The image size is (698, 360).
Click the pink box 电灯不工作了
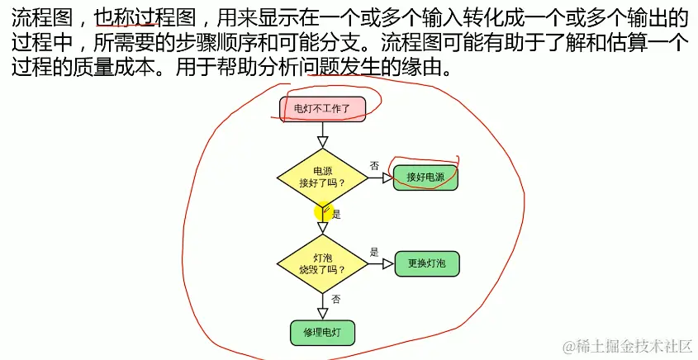click(x=323, y=108)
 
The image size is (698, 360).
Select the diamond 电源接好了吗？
click(x=323, y=176)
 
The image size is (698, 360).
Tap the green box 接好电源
click(x=425, y=177)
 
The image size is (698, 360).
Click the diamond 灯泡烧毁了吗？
click(x=323, y=263)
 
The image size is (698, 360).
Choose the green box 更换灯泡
click(x=426, y=263)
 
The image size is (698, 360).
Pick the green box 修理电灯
click(x=323, y=332)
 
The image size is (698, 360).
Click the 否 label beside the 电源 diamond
click(x=374, y=167)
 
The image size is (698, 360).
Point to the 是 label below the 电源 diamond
click(x=335, y=213)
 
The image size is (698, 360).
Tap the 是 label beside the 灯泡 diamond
click(x=374, y=253)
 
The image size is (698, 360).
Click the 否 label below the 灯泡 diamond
click(x=335, y=298)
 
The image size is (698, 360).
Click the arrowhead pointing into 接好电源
click(x=387, y=178)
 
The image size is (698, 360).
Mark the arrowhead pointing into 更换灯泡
click(x=387, y=264)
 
